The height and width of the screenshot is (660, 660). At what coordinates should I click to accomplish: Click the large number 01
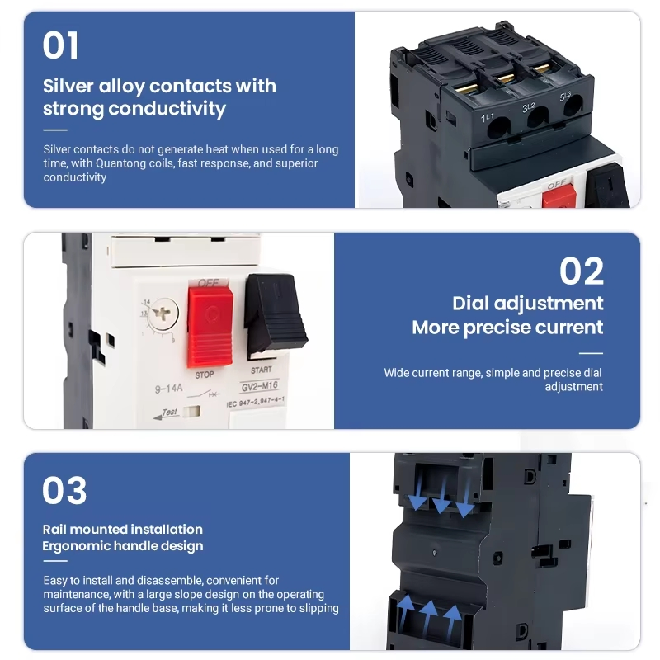click(x=60, y=45)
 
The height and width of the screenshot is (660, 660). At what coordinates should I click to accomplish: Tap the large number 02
click(x=582, y=271)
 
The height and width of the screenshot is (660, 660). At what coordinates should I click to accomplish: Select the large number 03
click(x=64, y=490)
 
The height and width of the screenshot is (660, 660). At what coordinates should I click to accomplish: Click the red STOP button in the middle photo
click(x=210, y=327)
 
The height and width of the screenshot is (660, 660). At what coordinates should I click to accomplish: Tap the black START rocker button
click(x=275, y=314)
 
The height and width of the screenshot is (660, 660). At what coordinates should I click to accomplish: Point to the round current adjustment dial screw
click(x=163, y=313)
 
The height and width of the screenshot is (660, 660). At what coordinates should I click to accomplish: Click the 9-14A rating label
click(x=169, y=388)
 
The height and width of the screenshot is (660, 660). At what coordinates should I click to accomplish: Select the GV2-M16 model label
click(x=259, y=386)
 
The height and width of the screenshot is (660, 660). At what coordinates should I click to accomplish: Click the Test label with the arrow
click(x=167, y=413)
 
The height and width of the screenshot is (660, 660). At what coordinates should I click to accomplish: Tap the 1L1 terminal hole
click(x=498, y=128)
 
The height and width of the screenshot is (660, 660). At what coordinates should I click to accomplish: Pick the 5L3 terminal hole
click(x=573, y=106)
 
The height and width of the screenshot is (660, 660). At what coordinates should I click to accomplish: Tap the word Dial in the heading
click(x=470, y=304)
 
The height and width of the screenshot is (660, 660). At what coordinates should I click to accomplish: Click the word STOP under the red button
click(x=205, y=375)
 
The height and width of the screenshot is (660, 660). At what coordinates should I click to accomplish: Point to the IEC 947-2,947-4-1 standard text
click(x=256, y=402)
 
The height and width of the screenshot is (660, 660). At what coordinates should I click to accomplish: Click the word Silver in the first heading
click(x=68, y=87)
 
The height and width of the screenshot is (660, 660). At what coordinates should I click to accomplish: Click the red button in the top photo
click(x=559, y=196)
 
